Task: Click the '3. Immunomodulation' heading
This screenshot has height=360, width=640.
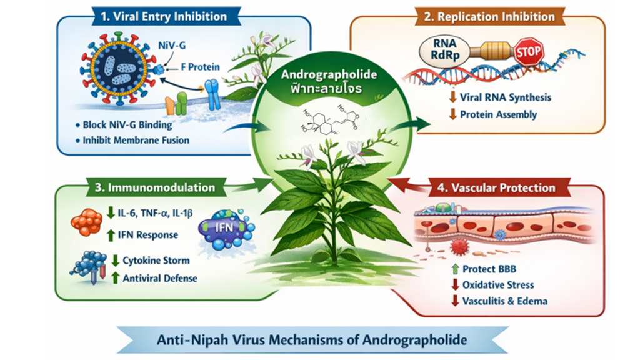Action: point(161,187)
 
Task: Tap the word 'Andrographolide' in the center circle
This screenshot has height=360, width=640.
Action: point(329,74)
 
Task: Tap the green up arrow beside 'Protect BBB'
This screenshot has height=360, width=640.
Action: point(456,269)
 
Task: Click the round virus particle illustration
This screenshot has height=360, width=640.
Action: point(117,67)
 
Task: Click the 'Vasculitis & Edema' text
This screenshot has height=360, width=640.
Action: point(505,301)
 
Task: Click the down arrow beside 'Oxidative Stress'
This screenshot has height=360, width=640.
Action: point(456,285)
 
